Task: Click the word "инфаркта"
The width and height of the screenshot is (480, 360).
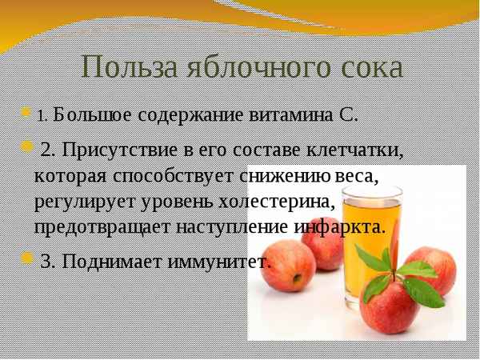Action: (340, 226)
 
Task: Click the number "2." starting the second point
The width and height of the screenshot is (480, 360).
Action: (47, 150)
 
